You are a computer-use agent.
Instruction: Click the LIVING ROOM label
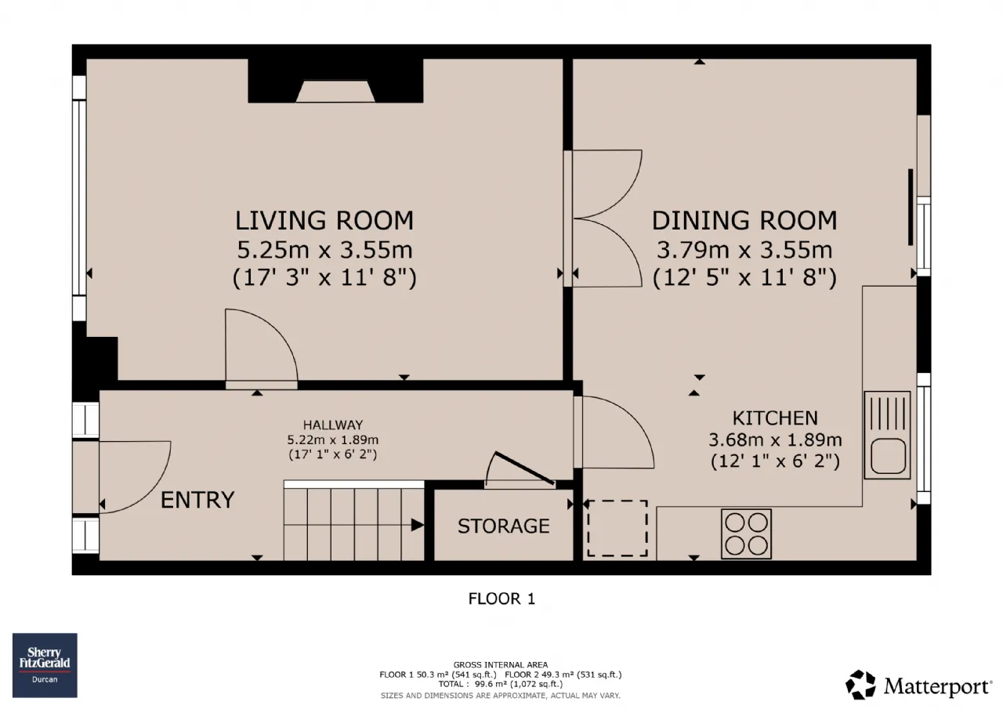pos(324,221)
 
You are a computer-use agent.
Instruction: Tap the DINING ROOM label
pos(744,221)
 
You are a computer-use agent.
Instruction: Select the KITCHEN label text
pos(775,418)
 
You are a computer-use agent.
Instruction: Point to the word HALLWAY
pos(333,425)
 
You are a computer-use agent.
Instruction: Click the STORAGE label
pos(503,526)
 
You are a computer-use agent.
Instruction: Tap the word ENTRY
pos(197,500)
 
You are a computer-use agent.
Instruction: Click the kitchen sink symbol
pos(887,435)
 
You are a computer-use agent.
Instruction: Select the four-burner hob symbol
pos(746,534)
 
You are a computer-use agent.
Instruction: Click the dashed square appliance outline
pos(617,528)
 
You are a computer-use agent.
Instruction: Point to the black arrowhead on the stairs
pos(418,525)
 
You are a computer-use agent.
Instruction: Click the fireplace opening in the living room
pos(335,92)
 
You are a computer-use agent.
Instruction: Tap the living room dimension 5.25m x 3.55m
pos(324,250)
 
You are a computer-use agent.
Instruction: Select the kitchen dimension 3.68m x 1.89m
pos(775,440)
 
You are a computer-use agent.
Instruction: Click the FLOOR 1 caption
pos(501,599)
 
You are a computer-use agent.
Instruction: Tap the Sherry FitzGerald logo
pos(45,665)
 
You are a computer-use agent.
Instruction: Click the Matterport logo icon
pos(860,685)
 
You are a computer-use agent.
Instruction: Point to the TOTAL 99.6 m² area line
pos(501,684)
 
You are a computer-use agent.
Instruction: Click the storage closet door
pos(524,468)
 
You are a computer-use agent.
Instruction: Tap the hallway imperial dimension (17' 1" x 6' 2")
pos(333,454)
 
